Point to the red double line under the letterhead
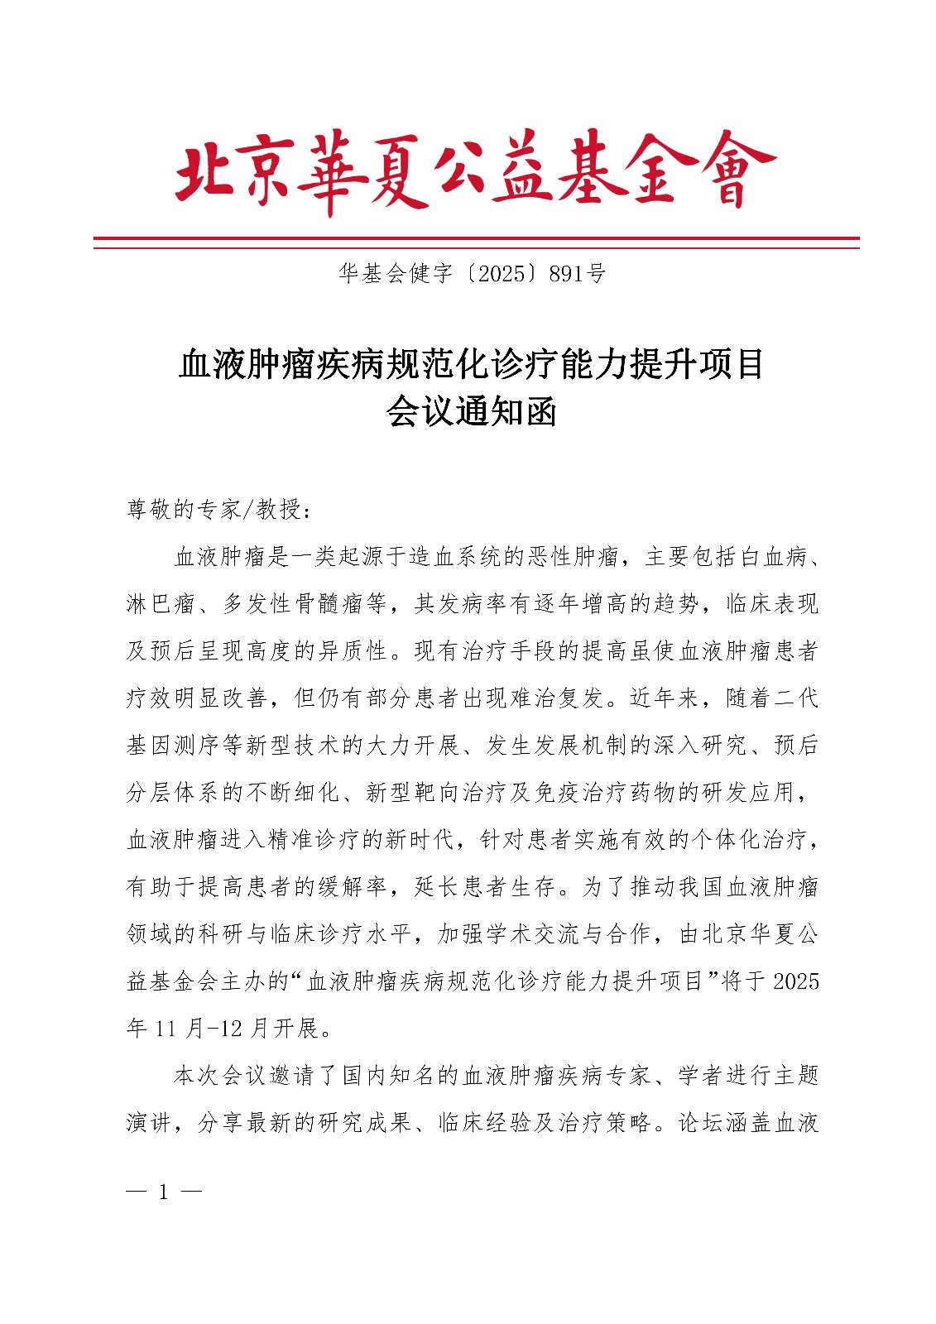click(x=476, y=242)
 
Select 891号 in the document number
click(x=577, y=274)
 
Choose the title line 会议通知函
click(x=471, y=411)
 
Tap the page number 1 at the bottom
click(x=163, y=1192)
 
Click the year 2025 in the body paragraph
click(x=795, y=981)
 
